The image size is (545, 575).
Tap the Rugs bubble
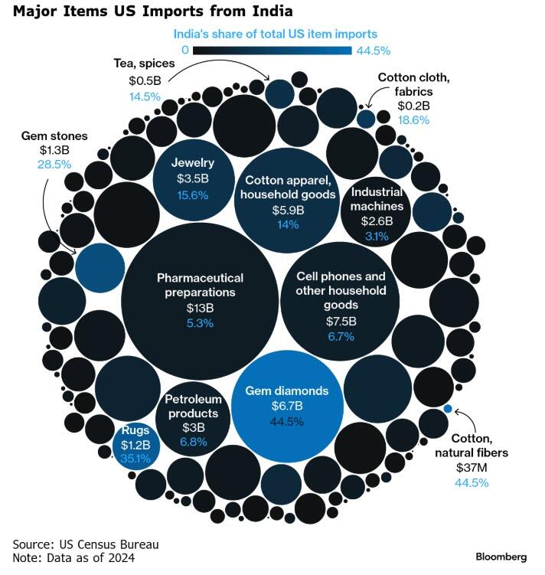[x=136, y=444]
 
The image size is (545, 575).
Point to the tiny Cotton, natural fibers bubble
[x=448, y=408]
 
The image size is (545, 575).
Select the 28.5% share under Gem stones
[x=54, y=164]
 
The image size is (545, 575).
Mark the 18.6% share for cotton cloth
[x=414, y=119]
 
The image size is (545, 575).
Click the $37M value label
[x=472, y=467]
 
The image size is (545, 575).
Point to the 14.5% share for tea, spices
[x=145, y=96]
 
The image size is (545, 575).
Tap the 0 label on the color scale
[x=185, y=51]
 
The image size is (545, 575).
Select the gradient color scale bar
[x=272, y=51]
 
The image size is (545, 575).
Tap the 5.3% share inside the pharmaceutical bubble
[x=200, y=323]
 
